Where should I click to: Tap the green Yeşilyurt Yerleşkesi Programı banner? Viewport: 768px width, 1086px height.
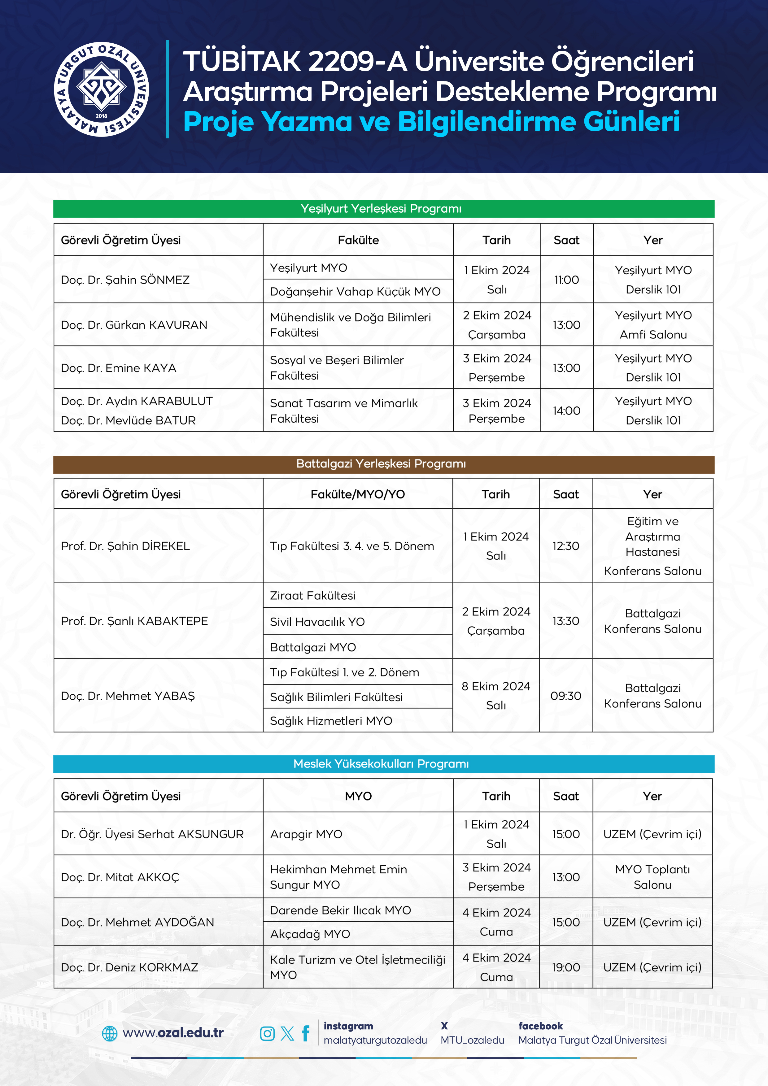[383, 209]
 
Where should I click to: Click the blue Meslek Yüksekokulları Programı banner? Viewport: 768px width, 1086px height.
[383, 764]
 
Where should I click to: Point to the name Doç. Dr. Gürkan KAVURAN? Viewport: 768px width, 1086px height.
[134, 325]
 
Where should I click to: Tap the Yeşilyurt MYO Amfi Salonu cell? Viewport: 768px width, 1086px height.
[653, 325]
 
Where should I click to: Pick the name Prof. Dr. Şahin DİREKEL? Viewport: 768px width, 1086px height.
[125, 546]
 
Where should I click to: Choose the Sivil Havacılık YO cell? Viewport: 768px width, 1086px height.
[317, 622]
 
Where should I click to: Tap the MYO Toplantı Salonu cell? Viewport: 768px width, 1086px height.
[652, 877]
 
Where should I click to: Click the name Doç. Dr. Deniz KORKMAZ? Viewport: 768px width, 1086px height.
[129, 967]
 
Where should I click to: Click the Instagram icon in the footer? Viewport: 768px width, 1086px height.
[267, 1033]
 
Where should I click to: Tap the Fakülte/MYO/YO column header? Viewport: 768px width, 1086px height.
[358, 494]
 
